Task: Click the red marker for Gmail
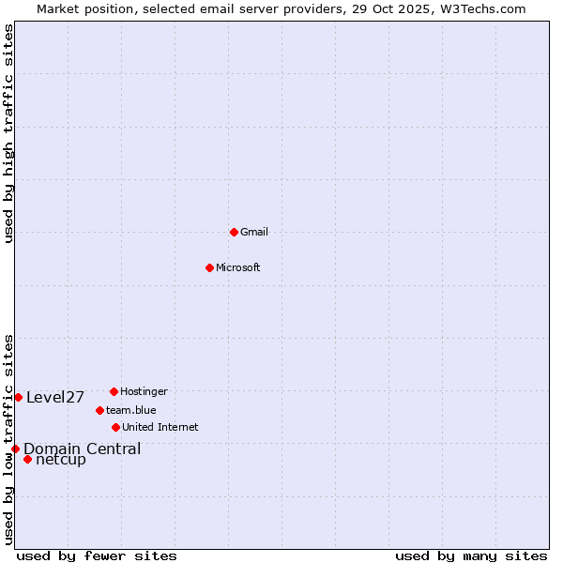(x=234, y=232)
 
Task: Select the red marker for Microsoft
(x=209, y=267)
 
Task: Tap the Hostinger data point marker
(x=114, y=391)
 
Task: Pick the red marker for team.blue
(x=99, y=410)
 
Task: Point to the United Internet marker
(x=115, y=427)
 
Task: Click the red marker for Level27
(x=18, y=397)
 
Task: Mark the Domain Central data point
(x=15, y=449)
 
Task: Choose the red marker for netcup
(x=27, y=459)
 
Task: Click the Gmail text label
(x=254, y=232)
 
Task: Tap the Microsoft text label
(x=238, y=267)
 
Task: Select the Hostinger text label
(x=144, y=391)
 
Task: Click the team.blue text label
(x=131, y=410)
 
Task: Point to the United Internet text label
(x=160, y=427)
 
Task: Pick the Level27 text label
(x=55, y=397)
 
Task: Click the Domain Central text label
(x=83, y=449)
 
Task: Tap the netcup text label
(x=61, y=459)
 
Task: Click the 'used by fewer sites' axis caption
(x=97, y=555)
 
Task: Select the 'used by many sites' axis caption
(x=471, y=555)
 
